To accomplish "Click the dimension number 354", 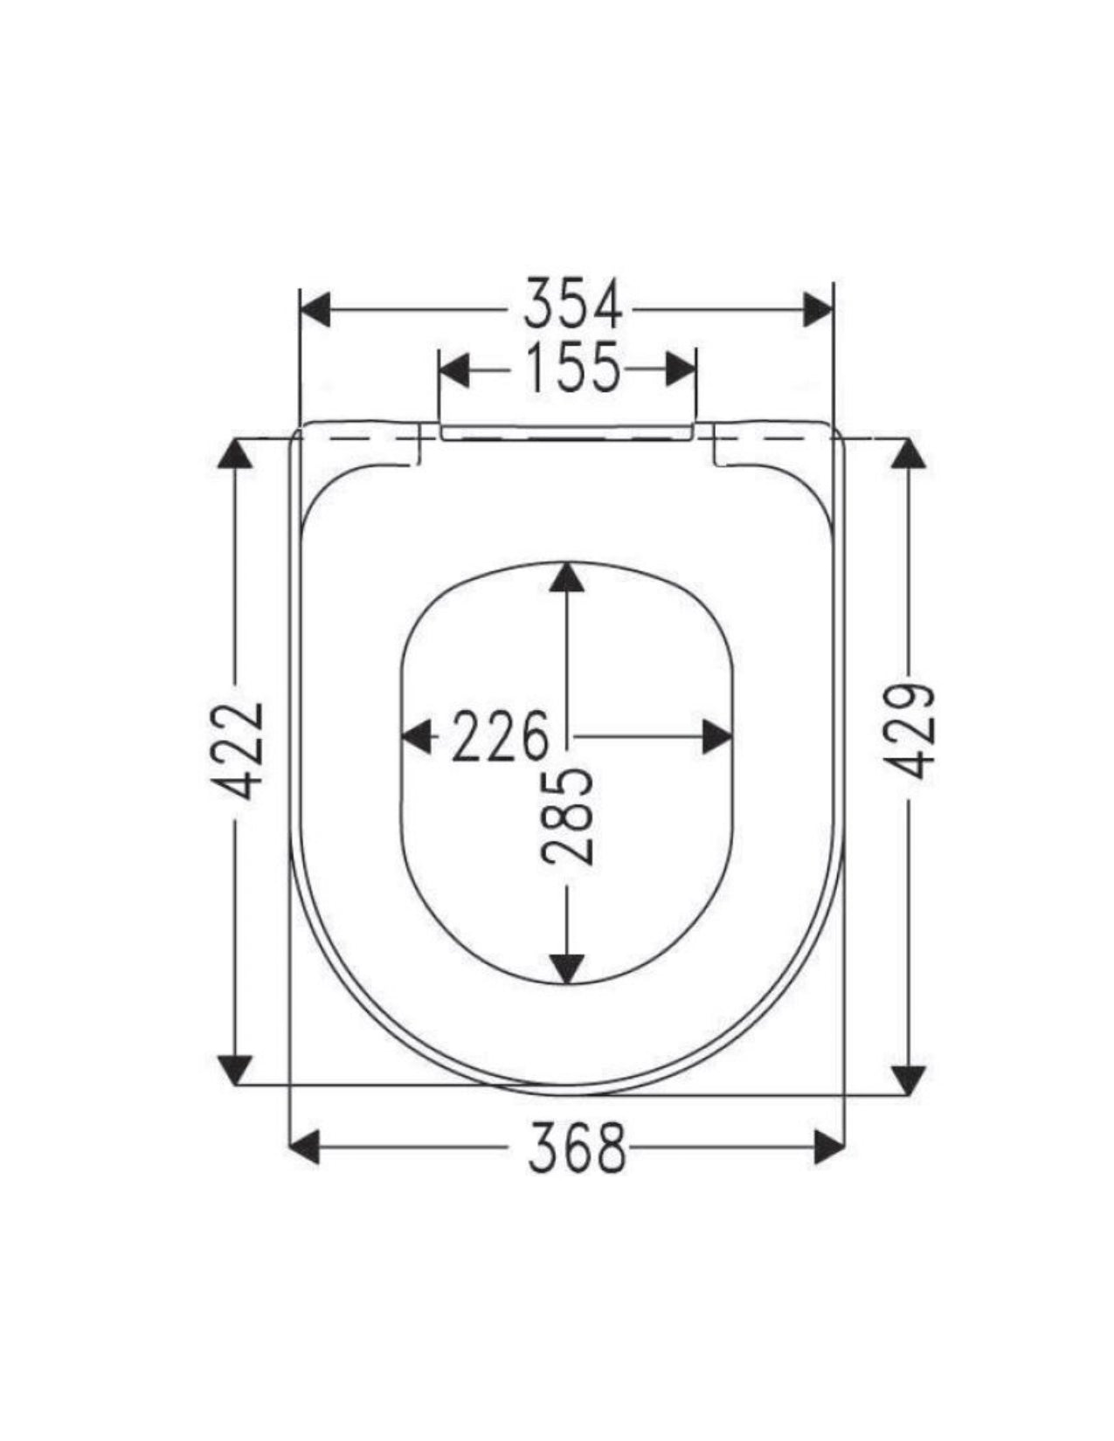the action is click(x=572, y=305).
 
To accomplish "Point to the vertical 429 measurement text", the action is click(x=909, y=730).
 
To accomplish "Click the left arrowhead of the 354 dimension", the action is click(x=315, y=309).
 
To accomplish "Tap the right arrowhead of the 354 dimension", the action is click(x=817, y=309).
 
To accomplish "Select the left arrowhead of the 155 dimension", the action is click(x=453, y=369).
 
